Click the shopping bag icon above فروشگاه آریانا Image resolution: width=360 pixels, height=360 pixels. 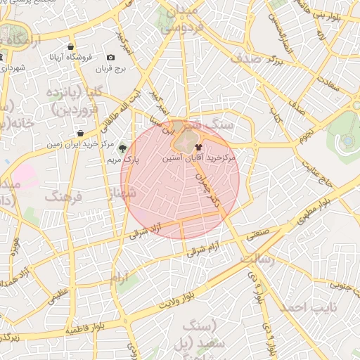point(71,47)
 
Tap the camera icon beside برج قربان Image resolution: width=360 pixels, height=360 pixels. point(110,58)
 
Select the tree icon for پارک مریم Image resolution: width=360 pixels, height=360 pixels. point(123,148)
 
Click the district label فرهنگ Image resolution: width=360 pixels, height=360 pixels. point(64,197)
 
